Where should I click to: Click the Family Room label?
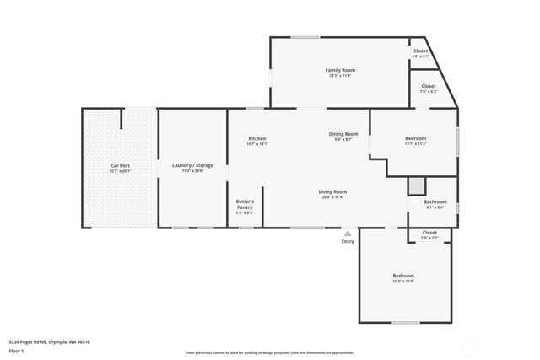(340, 69)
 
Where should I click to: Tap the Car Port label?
(120, 165)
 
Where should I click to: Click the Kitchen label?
(257, 138)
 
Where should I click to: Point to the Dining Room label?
(343, 134)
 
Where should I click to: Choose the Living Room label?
(332, 191)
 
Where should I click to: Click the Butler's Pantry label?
(245, 201)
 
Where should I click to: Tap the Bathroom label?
(435, 201)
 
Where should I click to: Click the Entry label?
(348, 241)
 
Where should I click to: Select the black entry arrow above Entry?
(348, 232)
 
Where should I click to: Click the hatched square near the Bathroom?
(414, 185)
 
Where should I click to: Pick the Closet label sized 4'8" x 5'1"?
(420, 51)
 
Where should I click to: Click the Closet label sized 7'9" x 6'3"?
(429, 86)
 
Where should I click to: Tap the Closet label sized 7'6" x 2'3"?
(429, 232)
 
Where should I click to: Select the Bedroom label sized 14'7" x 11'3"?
(415, 138)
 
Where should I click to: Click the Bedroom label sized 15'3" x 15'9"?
(403, 276)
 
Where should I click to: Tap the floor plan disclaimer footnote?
(269, 352)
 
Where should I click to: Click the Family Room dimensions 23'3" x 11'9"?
(340, 75)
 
